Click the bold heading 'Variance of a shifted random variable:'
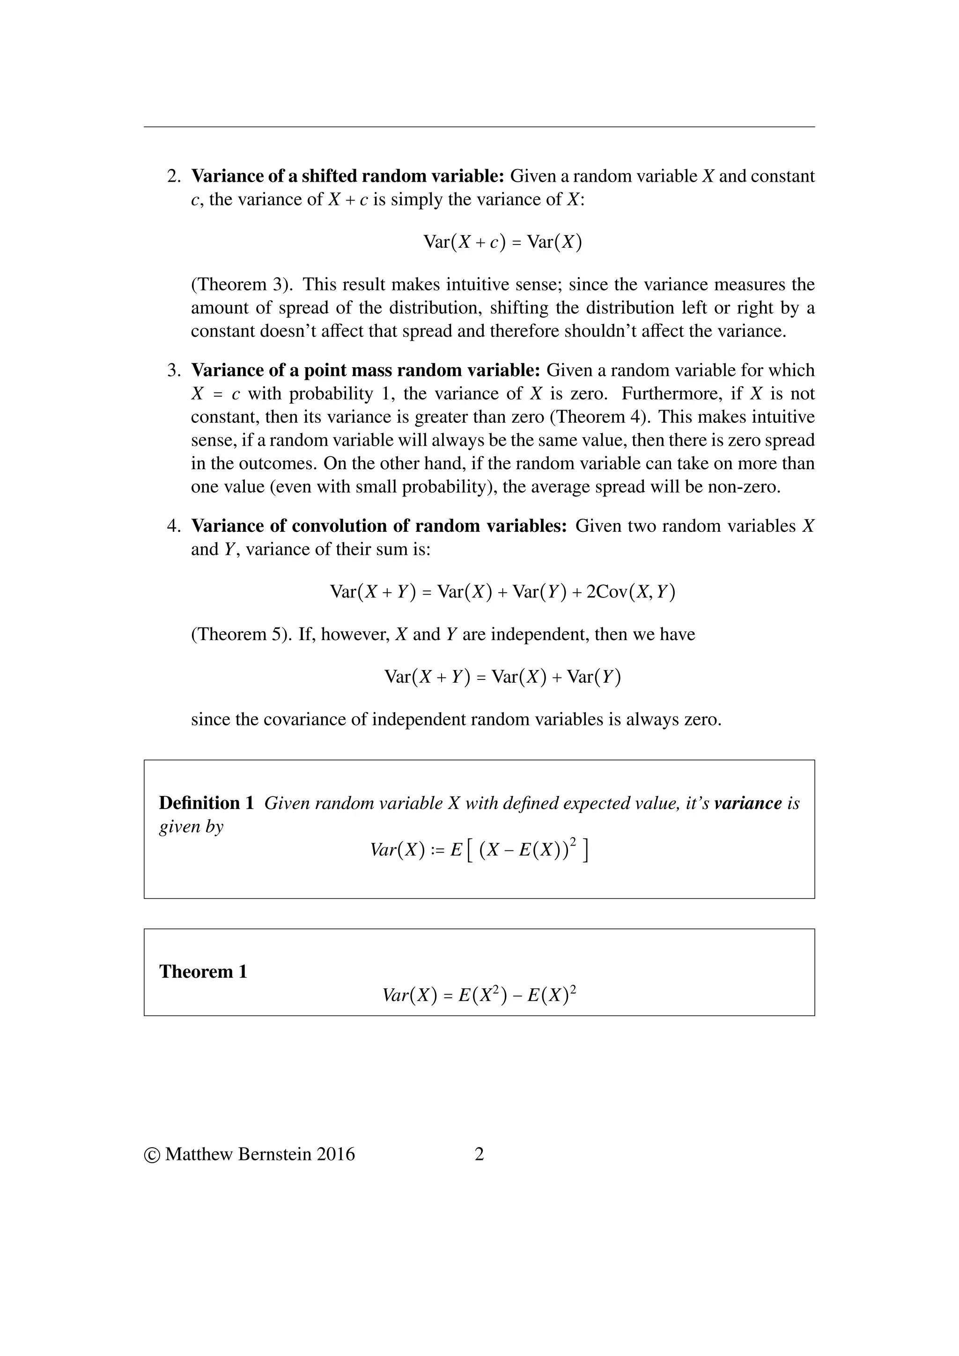347,176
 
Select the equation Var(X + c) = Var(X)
502,242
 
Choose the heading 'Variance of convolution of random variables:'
380,526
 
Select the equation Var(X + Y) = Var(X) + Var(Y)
502,677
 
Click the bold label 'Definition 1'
207,803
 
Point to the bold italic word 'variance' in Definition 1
748,803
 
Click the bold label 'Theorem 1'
203,972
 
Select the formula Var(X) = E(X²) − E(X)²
479,995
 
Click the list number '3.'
174,370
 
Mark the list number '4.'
174,526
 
